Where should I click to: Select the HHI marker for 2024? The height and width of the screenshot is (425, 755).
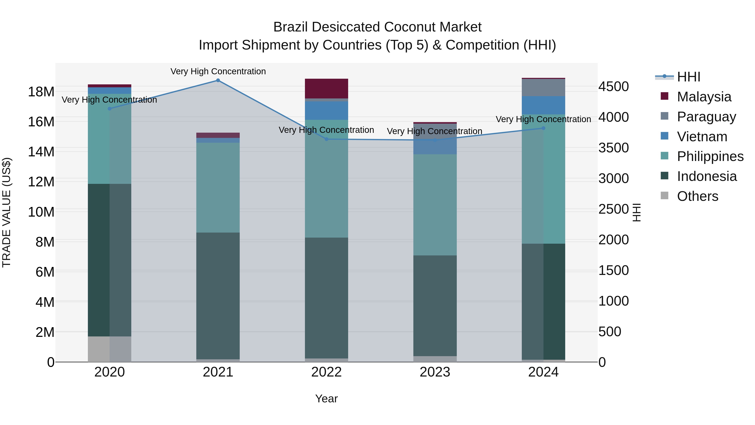[543, 128]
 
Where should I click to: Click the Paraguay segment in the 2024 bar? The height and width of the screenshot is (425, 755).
[543, 87]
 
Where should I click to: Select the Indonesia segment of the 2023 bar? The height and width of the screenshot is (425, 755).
[435, 305]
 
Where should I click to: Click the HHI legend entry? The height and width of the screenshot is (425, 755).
[689, 77]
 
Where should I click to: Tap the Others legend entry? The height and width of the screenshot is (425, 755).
[697, 196]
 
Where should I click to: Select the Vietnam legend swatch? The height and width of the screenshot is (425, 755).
[664, 136]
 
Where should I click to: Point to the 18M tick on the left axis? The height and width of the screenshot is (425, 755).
[41, 92]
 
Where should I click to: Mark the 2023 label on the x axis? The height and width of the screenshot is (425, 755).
[435, 372]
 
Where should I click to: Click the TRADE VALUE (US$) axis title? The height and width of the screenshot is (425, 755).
[7, 212]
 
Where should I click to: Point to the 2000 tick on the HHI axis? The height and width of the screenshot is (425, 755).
[613, 240]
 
